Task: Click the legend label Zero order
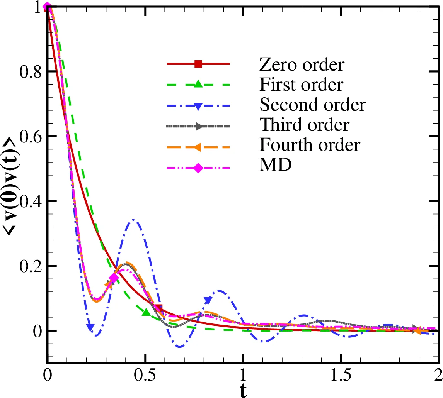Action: click(x=302, y=64)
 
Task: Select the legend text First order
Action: click(x=301, y=84)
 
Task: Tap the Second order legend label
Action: click(x=312, y=105)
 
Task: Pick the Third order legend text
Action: click(x=305, y=125)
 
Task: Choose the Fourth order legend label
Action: click(x=310, y=145)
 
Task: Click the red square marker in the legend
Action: click(x=198, y=64)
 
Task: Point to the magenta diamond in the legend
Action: click(x=198, y=168)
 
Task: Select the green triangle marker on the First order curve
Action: click(x=146, y=312)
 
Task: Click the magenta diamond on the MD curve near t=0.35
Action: click(x=114, y=278)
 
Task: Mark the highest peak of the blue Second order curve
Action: click(x=134, y=220)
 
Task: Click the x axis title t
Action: click(x=242, y=391)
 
